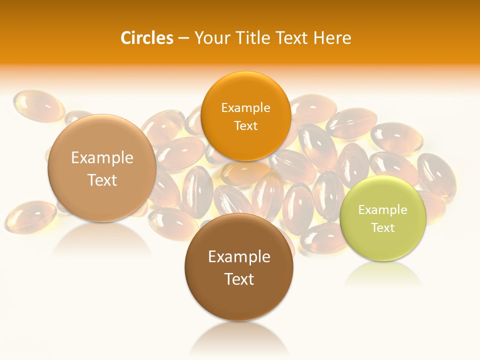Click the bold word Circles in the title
pos(147,38)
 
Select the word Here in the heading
pos(332,38)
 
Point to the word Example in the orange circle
pos(246,107)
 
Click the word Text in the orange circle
pos(246,125)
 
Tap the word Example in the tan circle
pos(102,158)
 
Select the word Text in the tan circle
pos(102,180)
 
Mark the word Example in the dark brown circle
pos(239,257)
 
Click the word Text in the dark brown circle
pos(239,279)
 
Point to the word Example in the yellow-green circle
pos(383,209)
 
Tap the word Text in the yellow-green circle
pos(383,227)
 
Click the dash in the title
pos(183,38)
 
